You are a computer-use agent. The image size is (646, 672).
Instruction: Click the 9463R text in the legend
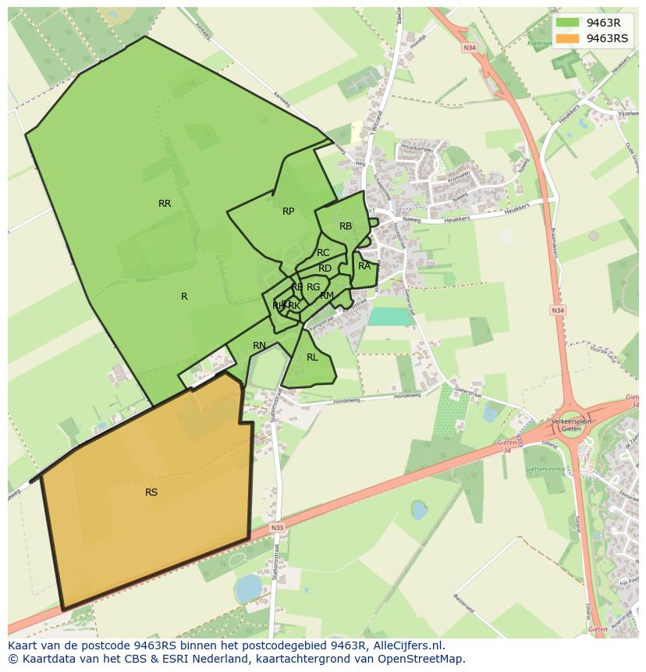tap(603, 23)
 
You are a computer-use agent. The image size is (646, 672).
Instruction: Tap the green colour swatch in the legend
tap(568, 23)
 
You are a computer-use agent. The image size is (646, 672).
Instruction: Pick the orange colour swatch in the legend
tap(568, 38)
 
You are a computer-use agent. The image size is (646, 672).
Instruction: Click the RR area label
tap(165, 204)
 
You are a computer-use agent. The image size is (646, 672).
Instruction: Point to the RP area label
tap(288, 212)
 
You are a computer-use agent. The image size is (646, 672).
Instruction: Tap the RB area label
tap(346, 226)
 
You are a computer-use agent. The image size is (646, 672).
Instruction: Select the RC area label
tap(323, 253)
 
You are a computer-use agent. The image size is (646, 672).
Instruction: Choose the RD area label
tap(325, 268)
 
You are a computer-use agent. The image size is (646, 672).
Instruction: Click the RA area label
tap(364, 266)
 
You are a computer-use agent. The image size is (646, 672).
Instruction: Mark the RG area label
tap(313, 287)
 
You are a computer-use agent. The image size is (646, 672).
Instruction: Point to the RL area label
tap(312, 357)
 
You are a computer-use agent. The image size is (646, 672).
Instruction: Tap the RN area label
tap(259, 346)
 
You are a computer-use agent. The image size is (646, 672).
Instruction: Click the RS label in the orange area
tap(151, 492)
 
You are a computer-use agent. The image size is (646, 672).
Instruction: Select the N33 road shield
tap(278, 528)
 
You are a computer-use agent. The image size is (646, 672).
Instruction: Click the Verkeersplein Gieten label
tap(573, 425)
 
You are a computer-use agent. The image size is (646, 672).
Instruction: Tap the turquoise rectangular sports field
tap(390, 316)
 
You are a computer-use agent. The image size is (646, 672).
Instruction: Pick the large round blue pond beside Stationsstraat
tap(248, 588)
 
